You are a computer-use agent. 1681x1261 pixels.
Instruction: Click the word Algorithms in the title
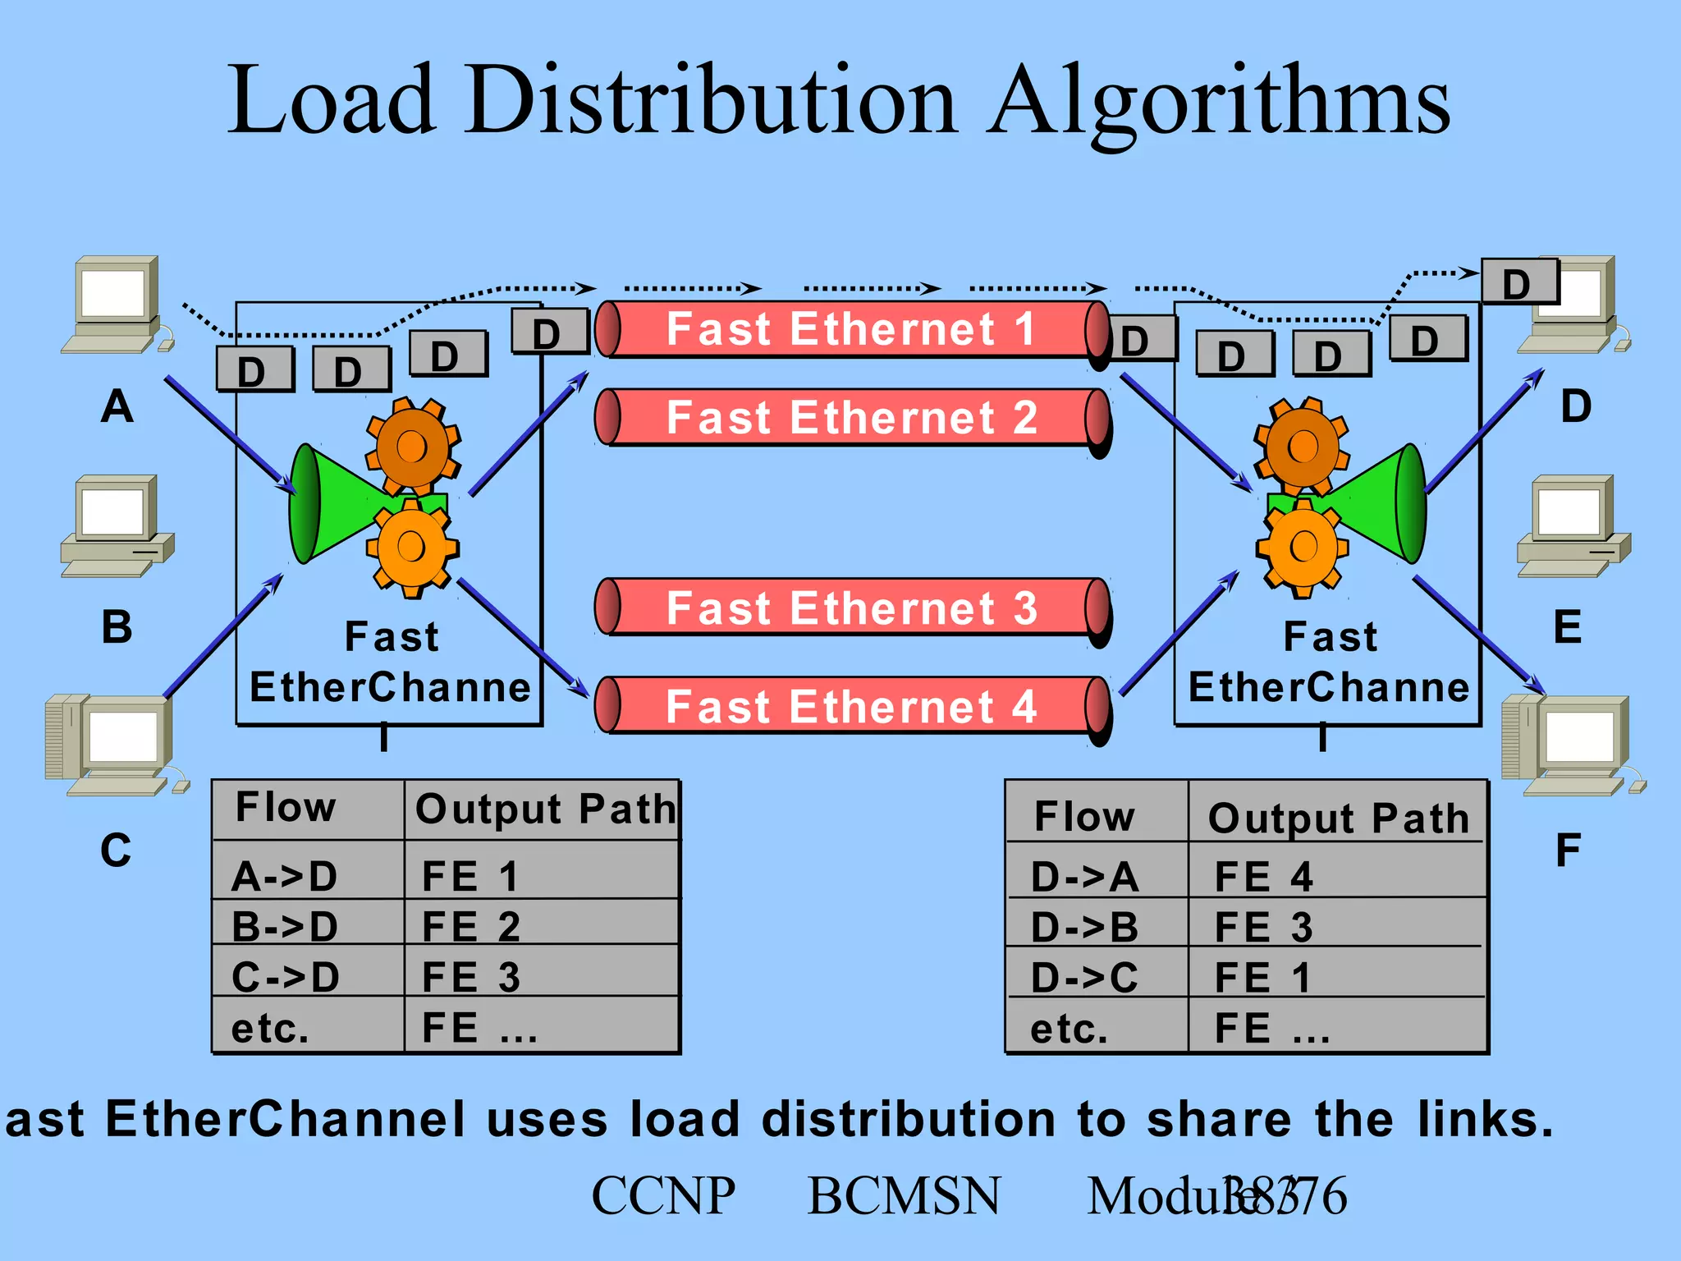point(1220,103)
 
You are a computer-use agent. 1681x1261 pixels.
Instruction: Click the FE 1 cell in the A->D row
point(542,875)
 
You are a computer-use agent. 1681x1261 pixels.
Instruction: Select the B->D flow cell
point(308,925)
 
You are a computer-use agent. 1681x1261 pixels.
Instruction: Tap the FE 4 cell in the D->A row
point(1336,875)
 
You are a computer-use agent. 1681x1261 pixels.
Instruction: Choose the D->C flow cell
point(1097,977)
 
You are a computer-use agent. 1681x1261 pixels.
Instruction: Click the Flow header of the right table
point(1097,816)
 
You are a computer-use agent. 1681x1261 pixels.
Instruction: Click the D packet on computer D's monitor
point(1518,282)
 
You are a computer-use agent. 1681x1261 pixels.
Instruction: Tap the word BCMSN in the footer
point(904,1195)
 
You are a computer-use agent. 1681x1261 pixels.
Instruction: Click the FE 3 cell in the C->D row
point(542,977)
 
